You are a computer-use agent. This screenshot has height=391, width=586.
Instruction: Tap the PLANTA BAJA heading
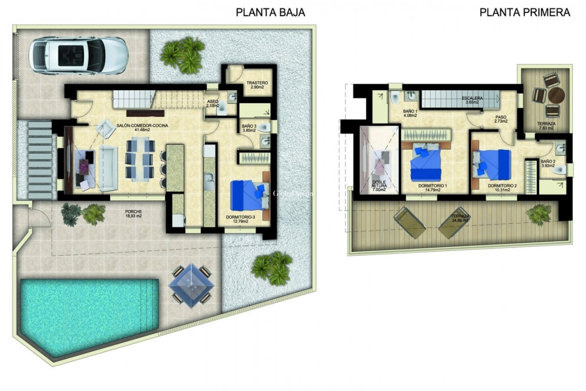(x=270, y=12)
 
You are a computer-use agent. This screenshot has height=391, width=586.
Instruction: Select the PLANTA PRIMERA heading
(x=525, y=12)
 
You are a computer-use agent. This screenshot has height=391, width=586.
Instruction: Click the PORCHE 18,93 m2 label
(x=133, y=214)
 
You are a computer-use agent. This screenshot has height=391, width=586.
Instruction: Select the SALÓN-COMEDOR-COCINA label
(x=142, y=127)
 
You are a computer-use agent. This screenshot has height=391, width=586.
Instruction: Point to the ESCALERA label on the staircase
(x=472, y=100)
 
